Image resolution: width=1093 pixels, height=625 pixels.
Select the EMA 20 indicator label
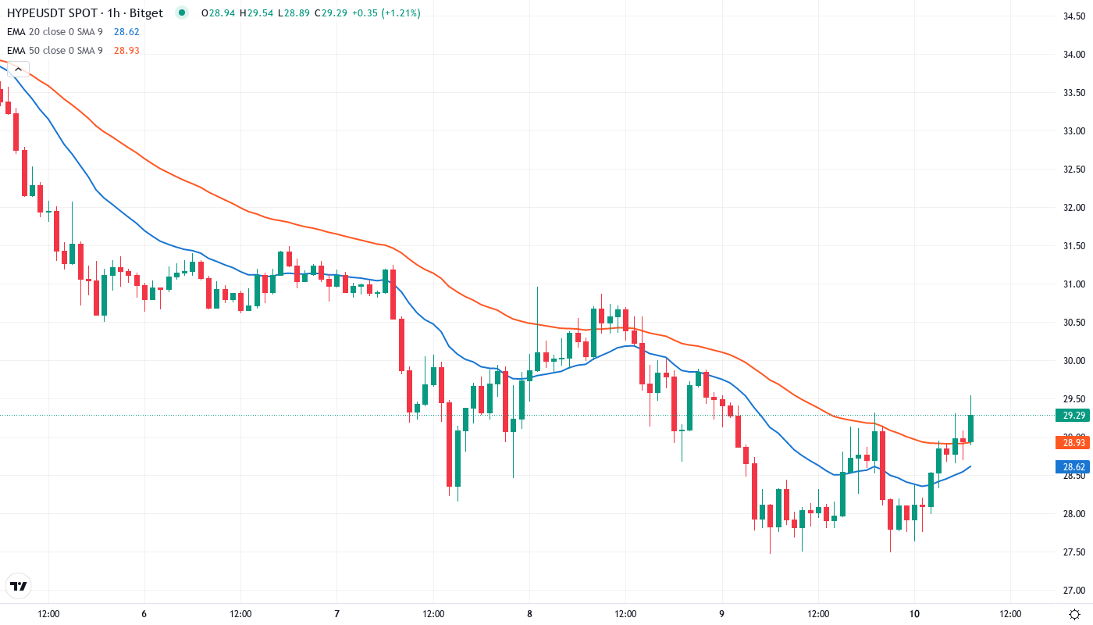click(55, 31)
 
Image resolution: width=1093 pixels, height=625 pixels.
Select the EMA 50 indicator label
click(55, 50)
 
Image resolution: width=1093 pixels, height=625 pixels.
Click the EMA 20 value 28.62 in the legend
click(126, 31)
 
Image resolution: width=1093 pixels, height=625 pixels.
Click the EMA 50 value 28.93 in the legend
click(126, 50)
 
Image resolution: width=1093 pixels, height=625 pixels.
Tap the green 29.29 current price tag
click(1072, 416)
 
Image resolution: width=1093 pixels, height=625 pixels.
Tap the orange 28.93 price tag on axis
click(1072, 443)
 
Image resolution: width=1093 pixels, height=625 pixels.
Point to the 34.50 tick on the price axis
click(1074, 16)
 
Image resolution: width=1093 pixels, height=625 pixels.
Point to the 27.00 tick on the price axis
click(1074, 590)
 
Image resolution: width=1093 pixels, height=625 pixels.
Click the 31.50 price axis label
click(1074, 245)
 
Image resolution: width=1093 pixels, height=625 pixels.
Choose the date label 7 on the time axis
click(336, 613)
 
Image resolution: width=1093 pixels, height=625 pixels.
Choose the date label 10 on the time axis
click(915, 613)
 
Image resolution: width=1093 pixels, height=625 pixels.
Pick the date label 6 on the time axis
click(144, 613)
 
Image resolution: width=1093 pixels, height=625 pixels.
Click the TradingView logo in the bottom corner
click(19, 586)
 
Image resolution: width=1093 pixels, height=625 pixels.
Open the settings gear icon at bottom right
click(1075, 613)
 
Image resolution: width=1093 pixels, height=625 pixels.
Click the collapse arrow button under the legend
click(17, 69)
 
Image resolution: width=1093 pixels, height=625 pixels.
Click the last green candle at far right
click(970, 428)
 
